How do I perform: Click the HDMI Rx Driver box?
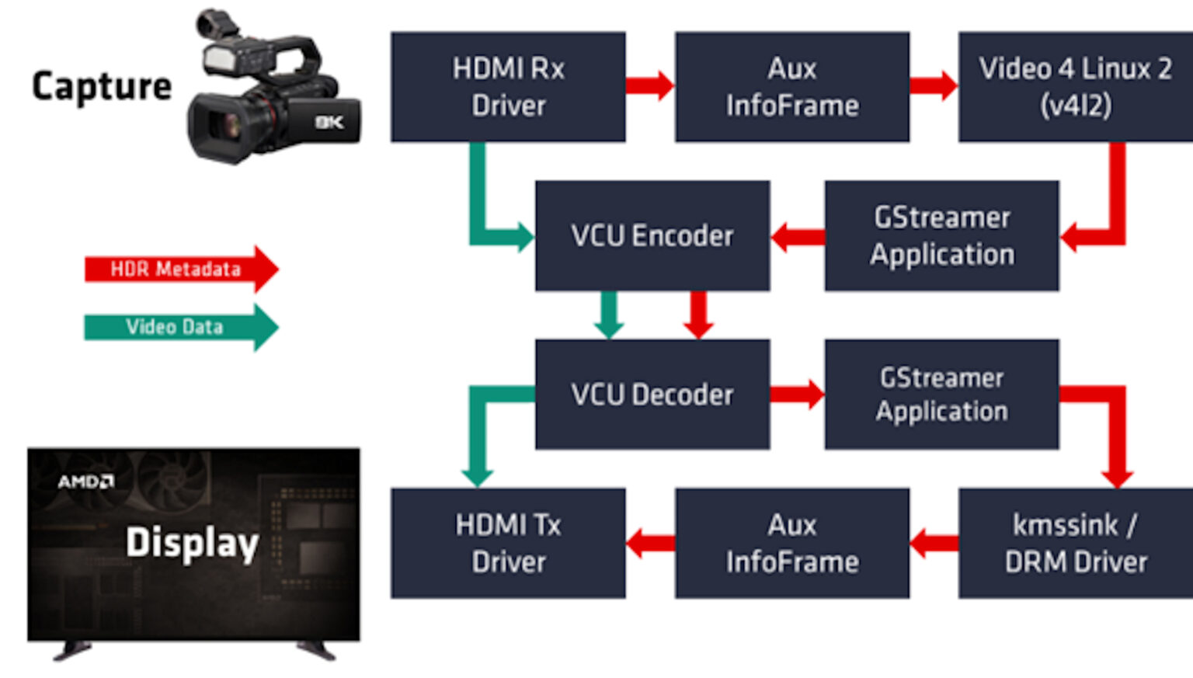(508, 86)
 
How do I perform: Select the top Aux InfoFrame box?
(791, 86)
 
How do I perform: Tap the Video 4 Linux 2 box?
(1075, 86)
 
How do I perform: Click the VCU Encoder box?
(652, 235)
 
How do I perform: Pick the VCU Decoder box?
(652, 394)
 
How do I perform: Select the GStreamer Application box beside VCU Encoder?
(941, 235)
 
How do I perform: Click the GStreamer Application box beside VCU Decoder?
(941, 394)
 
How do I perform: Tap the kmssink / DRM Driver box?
(1075, 543)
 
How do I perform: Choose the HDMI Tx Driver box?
(508, 543)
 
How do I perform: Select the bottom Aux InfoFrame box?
(791, 543)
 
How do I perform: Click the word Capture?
(101, 86)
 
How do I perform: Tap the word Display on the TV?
(192, 542)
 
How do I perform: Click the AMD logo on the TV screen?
(85, 482)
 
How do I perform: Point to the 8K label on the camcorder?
(329, 122)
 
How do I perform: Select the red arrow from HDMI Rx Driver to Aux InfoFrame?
(649, 85)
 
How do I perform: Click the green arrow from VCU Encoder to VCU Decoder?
(608, 314)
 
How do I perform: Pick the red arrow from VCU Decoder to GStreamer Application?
(797, 394)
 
